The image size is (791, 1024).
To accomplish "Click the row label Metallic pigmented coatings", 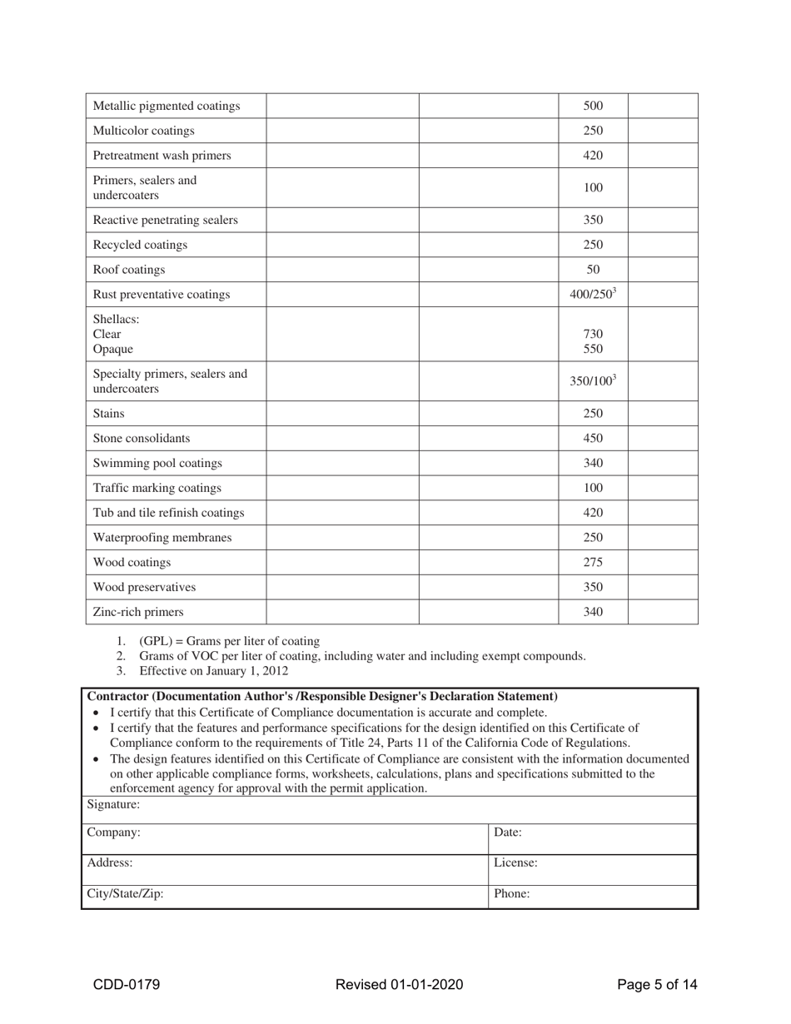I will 167,106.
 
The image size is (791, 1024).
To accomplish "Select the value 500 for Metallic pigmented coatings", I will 592,106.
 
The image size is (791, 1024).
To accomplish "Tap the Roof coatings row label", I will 129,270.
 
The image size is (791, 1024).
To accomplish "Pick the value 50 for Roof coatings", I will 592,270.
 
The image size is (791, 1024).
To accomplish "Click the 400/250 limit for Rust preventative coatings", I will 592,295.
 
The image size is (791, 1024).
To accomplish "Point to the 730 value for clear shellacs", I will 592,334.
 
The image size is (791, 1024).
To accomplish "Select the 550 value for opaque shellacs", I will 592,349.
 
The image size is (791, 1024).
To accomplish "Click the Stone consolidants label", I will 142,438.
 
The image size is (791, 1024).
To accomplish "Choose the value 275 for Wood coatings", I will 592,563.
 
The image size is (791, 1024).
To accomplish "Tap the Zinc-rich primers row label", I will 138,612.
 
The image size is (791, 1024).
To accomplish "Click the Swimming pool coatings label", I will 157,463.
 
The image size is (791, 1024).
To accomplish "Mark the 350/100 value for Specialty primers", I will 592,381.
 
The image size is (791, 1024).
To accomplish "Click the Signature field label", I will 113,805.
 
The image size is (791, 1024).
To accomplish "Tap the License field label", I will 515,863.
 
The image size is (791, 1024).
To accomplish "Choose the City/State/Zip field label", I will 126,894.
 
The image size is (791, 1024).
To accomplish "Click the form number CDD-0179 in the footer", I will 127,985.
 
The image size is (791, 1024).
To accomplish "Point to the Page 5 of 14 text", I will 657,985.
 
